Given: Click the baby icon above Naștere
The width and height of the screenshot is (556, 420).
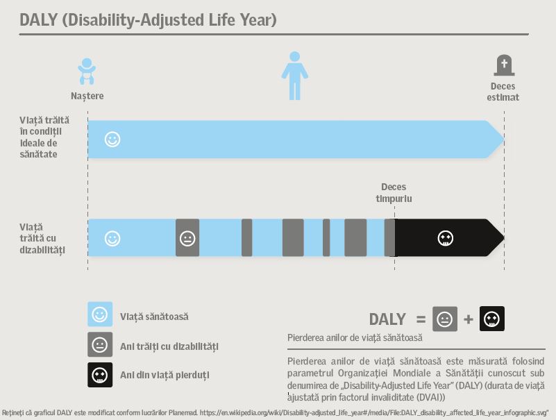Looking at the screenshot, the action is tap(87, 72).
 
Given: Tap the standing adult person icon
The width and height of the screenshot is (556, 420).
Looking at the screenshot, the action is tap(295, 76).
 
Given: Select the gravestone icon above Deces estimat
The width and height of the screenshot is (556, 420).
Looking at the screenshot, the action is tap(504, 65).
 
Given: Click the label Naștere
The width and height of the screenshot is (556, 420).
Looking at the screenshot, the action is tap(87, 96).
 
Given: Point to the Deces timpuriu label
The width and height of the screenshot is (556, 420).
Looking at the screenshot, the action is tap(394, 192).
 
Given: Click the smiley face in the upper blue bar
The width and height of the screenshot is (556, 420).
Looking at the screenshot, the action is tap(112, 139).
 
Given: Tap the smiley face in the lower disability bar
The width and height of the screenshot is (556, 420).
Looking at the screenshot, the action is tap(112, 238).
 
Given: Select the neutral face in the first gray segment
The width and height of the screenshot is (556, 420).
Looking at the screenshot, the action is tap(187, 238).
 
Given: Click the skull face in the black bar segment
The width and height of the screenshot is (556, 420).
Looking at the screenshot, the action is tap(446, 238).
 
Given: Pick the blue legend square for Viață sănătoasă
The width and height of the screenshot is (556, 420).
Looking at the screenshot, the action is tap(100, 314).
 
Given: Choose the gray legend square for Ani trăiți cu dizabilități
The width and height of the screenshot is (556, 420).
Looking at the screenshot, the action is tap(100, 344).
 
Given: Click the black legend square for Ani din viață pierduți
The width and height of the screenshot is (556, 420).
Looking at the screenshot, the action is tap(100, 375).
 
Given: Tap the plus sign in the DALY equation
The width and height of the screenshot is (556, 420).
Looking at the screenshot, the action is tap(469, 319).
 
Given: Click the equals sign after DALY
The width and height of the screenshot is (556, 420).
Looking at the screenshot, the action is tap(421, 319).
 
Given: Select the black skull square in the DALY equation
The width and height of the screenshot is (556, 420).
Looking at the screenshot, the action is tap(492, 319).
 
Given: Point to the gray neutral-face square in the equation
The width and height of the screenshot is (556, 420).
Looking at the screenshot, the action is tap(445, 319).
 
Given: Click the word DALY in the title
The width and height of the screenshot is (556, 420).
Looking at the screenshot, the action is tap(38, 20).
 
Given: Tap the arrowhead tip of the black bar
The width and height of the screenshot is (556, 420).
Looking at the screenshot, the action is tap(504, 237).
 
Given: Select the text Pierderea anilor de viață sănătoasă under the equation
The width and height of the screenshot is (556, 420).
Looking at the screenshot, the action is tap(355, 337).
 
